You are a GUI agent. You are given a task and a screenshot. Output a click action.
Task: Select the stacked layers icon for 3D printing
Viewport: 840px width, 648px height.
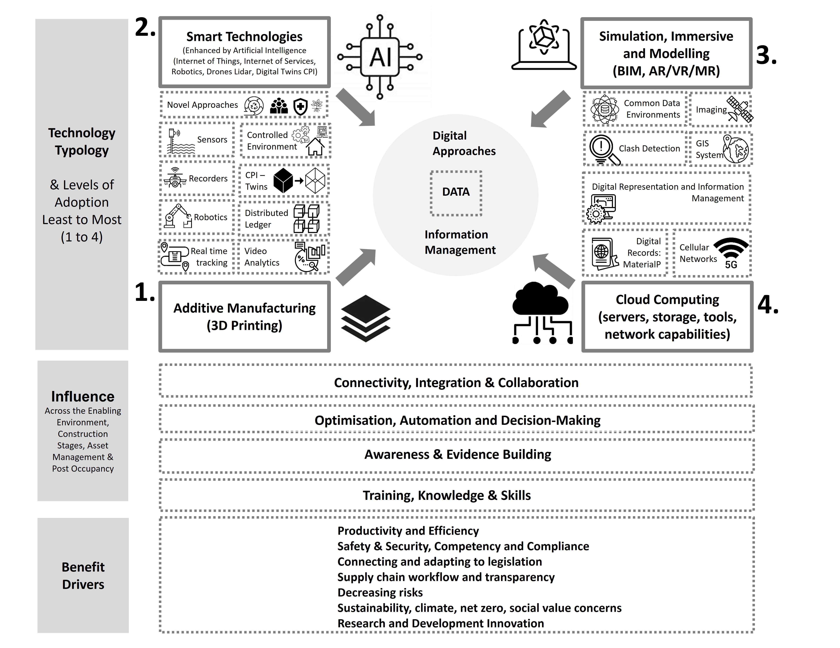[x=365, y=318]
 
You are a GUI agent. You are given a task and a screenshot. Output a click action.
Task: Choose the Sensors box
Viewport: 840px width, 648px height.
[x=197, y=140]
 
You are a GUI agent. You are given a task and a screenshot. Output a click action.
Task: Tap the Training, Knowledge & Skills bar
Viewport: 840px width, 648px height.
[x=447, y=495]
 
